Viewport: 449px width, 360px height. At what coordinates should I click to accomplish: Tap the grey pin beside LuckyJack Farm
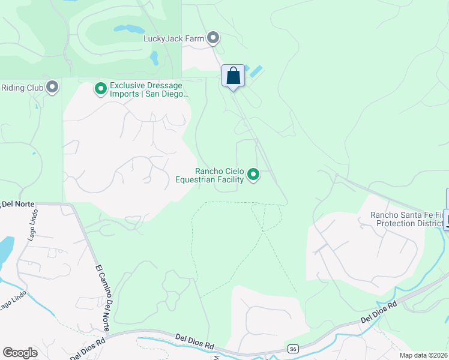213,38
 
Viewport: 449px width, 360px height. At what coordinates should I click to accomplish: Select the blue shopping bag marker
233,76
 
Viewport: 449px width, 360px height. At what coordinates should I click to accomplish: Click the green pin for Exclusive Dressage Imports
100,89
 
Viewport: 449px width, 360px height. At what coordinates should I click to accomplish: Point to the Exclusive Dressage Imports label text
149,89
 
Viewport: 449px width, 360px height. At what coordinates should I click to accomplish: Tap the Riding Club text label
22,88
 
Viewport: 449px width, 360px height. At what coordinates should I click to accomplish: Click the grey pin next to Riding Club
52,88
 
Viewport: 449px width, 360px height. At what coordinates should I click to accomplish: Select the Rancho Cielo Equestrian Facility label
209,175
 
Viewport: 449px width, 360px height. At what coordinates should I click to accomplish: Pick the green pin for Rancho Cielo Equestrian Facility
253,175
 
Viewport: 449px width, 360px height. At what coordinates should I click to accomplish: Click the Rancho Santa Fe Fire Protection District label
407,219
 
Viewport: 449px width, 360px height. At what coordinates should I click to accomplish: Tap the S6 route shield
293,349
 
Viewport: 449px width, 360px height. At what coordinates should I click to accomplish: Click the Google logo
20,353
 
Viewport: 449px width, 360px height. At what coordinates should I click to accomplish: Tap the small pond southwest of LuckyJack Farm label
154,58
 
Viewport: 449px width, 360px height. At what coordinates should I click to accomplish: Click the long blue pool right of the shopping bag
255,71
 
